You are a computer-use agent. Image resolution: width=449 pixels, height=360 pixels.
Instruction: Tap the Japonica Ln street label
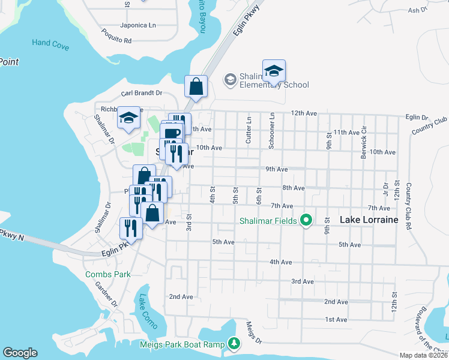(x=137, y=25)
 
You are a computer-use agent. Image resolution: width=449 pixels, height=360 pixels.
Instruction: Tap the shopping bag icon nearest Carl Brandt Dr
(x=196, y=87)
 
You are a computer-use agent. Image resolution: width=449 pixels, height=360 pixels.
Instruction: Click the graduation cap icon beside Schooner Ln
(x=274, y=71)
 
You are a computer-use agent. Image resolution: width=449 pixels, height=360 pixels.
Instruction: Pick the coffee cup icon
(x=172, y=133)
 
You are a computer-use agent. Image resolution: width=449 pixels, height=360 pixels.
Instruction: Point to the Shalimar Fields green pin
(x=306, y=221)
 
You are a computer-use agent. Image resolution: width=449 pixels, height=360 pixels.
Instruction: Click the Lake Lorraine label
(x=369, y=220)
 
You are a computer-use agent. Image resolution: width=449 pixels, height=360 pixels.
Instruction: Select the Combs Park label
(x=107, y=274)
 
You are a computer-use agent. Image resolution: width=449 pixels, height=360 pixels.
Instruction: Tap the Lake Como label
(x=147, y=311)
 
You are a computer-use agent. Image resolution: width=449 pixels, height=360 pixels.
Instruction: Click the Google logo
(x=20, y=353)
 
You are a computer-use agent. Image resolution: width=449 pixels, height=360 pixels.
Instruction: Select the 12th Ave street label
(x=304, y=113)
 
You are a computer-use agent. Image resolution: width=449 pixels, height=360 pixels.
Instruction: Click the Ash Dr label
(x=417, y=10)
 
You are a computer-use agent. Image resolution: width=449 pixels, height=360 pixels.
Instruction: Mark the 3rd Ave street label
(x=303, y=281)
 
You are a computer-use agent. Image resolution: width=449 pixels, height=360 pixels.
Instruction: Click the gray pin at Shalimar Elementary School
(x=229, y=79)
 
